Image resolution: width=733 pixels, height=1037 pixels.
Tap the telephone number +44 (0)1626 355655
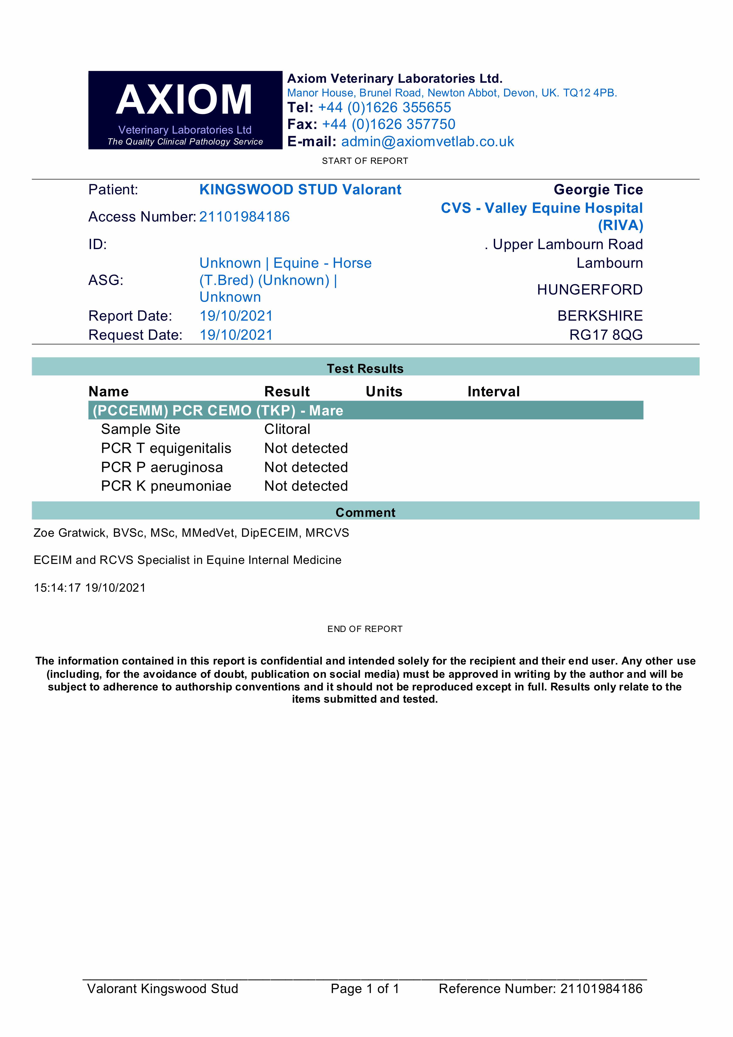tap(384, 107)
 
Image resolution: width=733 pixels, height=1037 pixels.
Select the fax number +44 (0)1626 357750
tap(388, 124)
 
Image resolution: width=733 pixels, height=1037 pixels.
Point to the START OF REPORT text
tap(365, 161)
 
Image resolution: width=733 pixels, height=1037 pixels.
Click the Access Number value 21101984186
tap(244, 217)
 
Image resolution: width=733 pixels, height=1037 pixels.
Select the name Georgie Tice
tap(598, 190)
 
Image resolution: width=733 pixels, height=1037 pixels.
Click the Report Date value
tap(236, 316)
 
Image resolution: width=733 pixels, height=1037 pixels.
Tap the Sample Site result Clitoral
tap(287, 429)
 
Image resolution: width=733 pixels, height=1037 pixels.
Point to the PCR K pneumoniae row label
tap(166, 486)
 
